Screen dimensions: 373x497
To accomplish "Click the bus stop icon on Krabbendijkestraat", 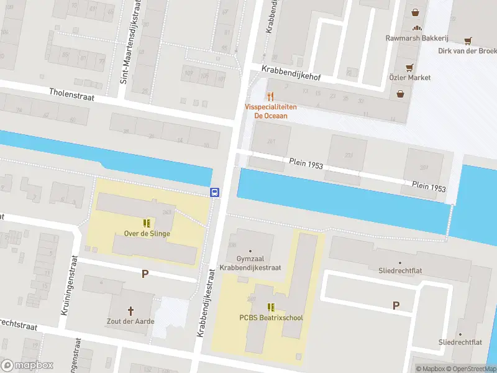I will click(214, 192).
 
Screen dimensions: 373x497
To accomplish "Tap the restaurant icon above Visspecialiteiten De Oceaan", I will click(270, 96).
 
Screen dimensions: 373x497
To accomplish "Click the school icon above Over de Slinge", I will click(147, 223).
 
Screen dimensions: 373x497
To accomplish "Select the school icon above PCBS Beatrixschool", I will click(271, 307).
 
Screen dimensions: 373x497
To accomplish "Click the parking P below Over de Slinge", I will click(145, 274).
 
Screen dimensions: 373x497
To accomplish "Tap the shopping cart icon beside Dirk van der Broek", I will click(467, 40).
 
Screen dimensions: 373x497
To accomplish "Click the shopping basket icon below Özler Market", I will click(401, 94).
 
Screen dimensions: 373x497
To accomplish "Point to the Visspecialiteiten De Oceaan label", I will click(271, 111).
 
